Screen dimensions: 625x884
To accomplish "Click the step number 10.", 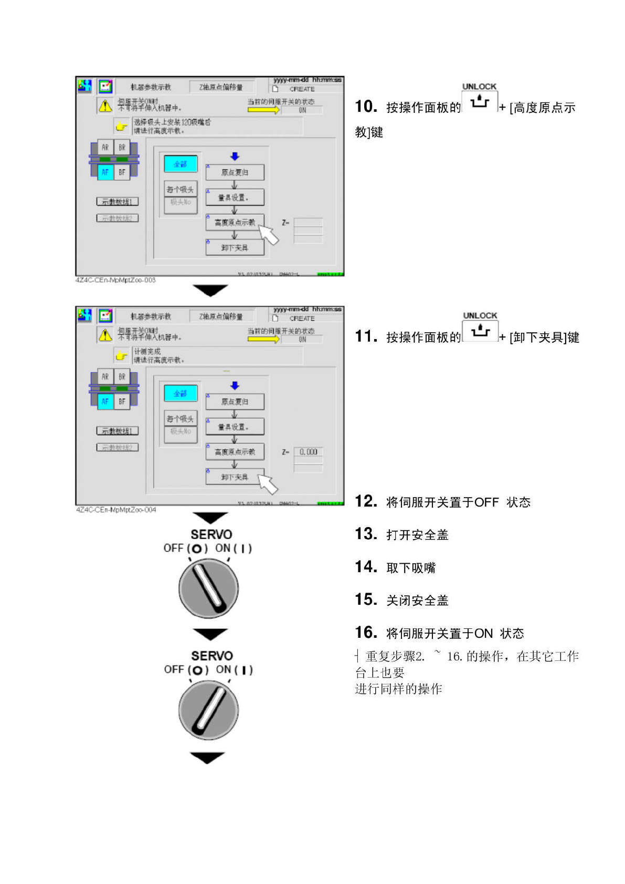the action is point(366,107).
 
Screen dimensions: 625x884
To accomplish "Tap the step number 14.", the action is point(366,567).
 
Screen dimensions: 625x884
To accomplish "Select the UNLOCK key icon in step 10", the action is point(480,101).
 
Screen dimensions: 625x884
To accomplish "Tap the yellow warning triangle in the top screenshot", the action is point(105,106).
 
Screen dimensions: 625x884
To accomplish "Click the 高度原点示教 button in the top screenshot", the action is point(235,223).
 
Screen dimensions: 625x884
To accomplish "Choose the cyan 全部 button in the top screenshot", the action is point(181,164).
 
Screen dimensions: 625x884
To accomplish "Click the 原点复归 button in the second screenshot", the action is point(235,402).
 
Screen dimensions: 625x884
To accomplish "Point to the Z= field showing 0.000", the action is point(308,452).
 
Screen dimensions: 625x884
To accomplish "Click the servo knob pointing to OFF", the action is point(209,588).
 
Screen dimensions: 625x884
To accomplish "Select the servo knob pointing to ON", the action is point(209,710).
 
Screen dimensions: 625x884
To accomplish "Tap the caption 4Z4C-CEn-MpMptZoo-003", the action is point(115,280).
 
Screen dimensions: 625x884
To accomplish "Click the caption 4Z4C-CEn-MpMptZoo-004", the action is point(116,510).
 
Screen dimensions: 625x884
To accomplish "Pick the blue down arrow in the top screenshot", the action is point(235,156).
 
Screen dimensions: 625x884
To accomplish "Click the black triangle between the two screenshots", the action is point(210,290).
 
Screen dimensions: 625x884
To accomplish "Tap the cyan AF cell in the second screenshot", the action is point(105,402).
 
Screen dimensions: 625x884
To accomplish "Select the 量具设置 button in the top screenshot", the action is point(235,197).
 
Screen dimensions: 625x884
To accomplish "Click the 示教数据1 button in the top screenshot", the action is point(118,202).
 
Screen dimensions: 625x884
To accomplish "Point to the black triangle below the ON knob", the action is point(207,757).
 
